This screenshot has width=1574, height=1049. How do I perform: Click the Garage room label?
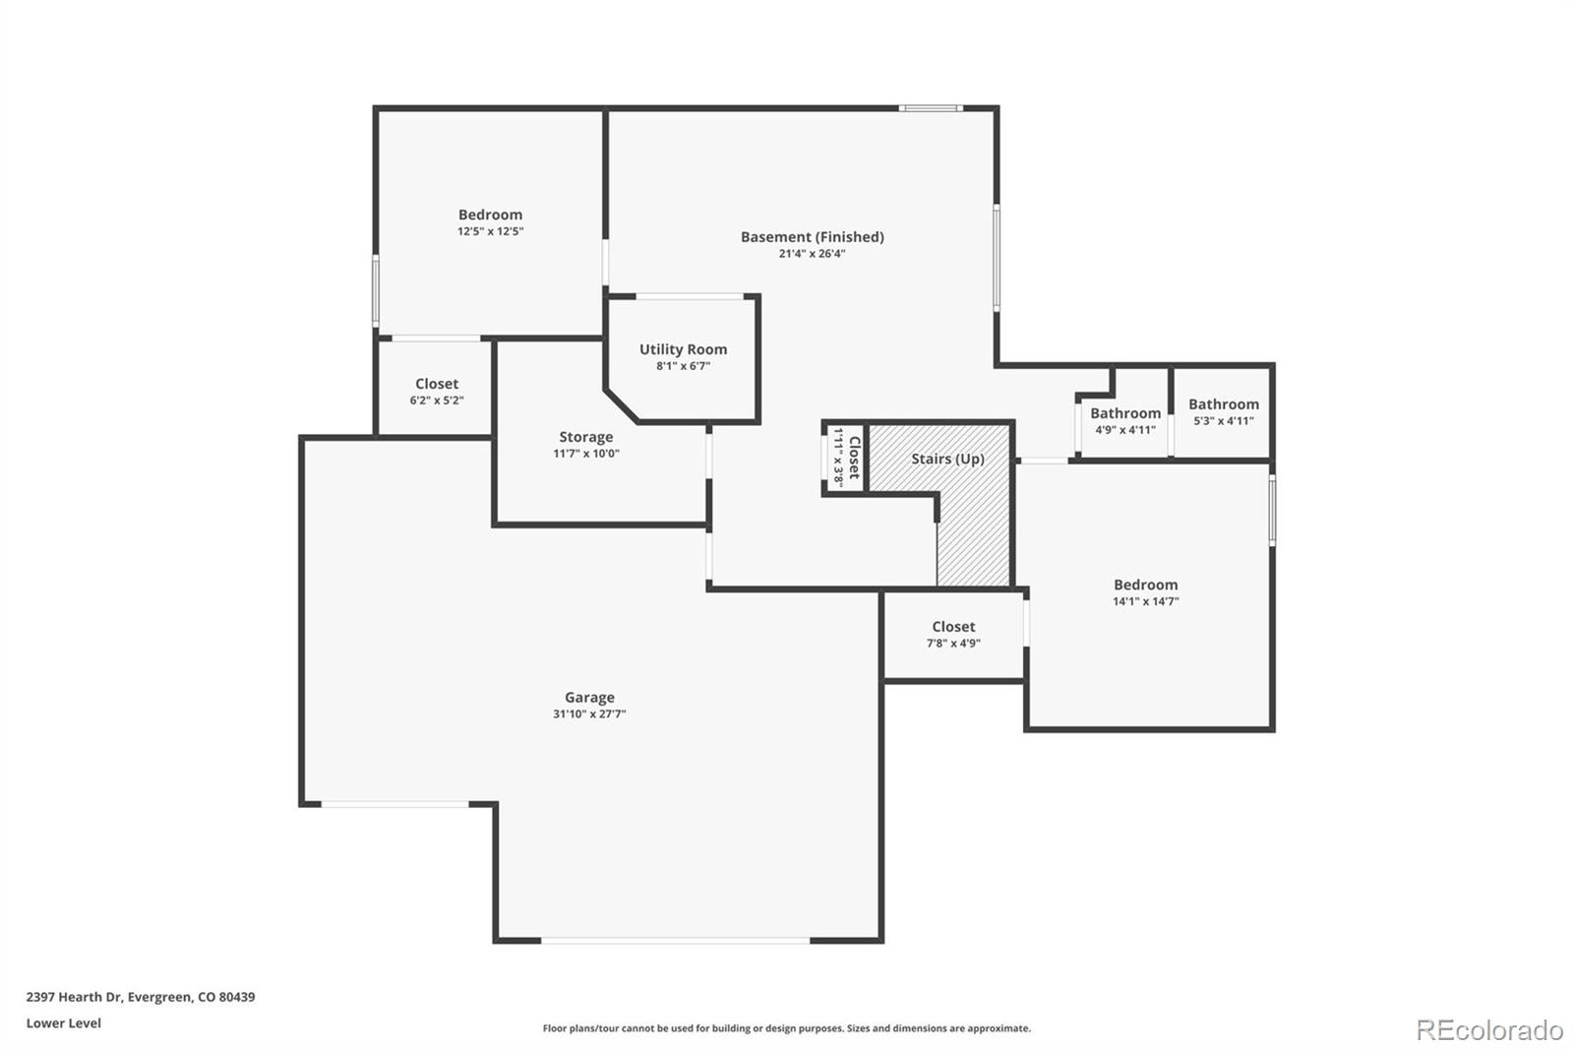point(589,698)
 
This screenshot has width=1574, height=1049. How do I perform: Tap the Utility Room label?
point(683,349)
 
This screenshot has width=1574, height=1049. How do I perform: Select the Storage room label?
point(586,437)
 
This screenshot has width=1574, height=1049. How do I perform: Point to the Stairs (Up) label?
point(947,459)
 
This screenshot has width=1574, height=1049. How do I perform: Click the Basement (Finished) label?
point(812,236)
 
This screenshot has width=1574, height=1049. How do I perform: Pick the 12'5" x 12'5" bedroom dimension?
point(490,232)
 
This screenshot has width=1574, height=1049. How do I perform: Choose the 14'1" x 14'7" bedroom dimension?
point(1145,601)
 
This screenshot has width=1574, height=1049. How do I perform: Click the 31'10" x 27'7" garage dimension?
point(589,714)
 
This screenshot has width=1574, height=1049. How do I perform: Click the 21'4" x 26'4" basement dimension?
point(812,254)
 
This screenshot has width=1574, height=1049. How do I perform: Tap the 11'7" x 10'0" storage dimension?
point(586,454)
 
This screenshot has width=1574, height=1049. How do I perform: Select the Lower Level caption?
point(64,1023)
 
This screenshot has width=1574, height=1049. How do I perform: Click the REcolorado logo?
point(1489,1029)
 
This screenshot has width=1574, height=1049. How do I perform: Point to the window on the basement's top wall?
point(931,107)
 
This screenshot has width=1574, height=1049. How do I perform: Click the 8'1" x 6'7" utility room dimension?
point(683,366)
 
